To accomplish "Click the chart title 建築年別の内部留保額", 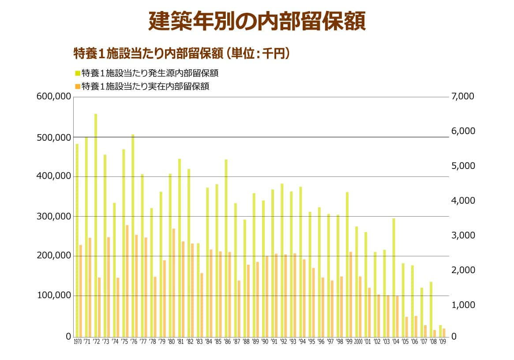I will click(x=257, y=21).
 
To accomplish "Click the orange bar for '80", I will click(x=174, y=282).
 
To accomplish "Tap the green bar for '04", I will click(x=394, y=277).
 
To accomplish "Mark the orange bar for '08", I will click(x=435, y=333).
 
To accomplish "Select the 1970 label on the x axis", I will click(x=78, y=342).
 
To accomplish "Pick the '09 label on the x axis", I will click(x=442, y=342).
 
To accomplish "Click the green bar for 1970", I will click(x=77, y=240).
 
